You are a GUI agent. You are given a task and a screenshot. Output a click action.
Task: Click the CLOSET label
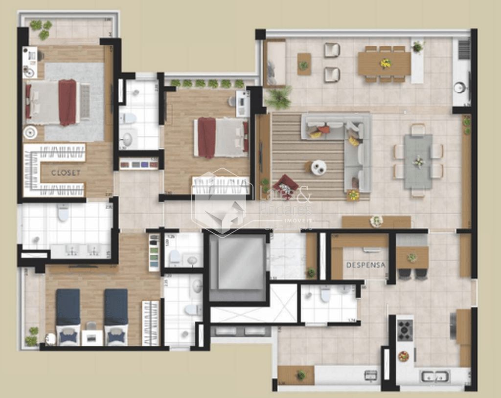click(x=66, y=173)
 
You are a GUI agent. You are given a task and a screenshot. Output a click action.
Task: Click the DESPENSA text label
click(x=366, y=265)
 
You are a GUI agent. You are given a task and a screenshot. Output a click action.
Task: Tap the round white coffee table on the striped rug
click(x=319, y=168)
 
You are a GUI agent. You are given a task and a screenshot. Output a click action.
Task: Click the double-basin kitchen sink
click(x=435, y=376)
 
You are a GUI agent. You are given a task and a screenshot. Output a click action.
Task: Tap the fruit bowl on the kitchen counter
click(x=404, y=356)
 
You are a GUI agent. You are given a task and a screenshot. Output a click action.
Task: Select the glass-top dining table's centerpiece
click(x=418, y=161)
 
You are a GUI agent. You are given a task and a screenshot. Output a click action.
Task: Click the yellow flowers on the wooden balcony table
click(x=386, y=63)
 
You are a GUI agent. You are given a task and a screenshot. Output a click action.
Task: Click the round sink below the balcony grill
click(x=459, y=88)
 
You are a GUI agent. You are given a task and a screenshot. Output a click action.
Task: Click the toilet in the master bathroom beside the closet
click(x=63, y=213)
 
